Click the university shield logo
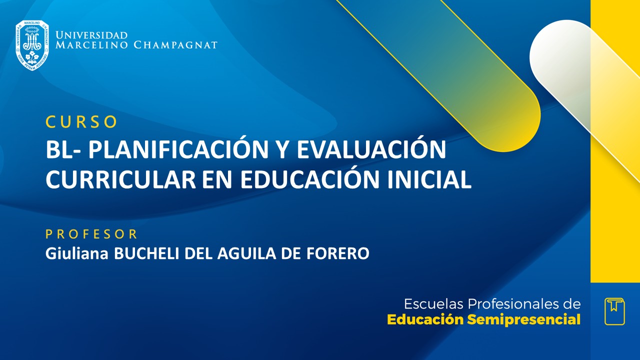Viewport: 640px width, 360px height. point(32,45)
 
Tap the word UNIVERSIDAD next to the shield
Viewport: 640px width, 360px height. point(91,35)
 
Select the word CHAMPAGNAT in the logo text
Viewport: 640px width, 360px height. point(175,45)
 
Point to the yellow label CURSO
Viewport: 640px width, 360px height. point(81,121)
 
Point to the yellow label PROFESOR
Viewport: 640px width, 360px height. point(91,233)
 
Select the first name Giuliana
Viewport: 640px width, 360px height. point(78,253)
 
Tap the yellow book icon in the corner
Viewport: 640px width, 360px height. point(614,311)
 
